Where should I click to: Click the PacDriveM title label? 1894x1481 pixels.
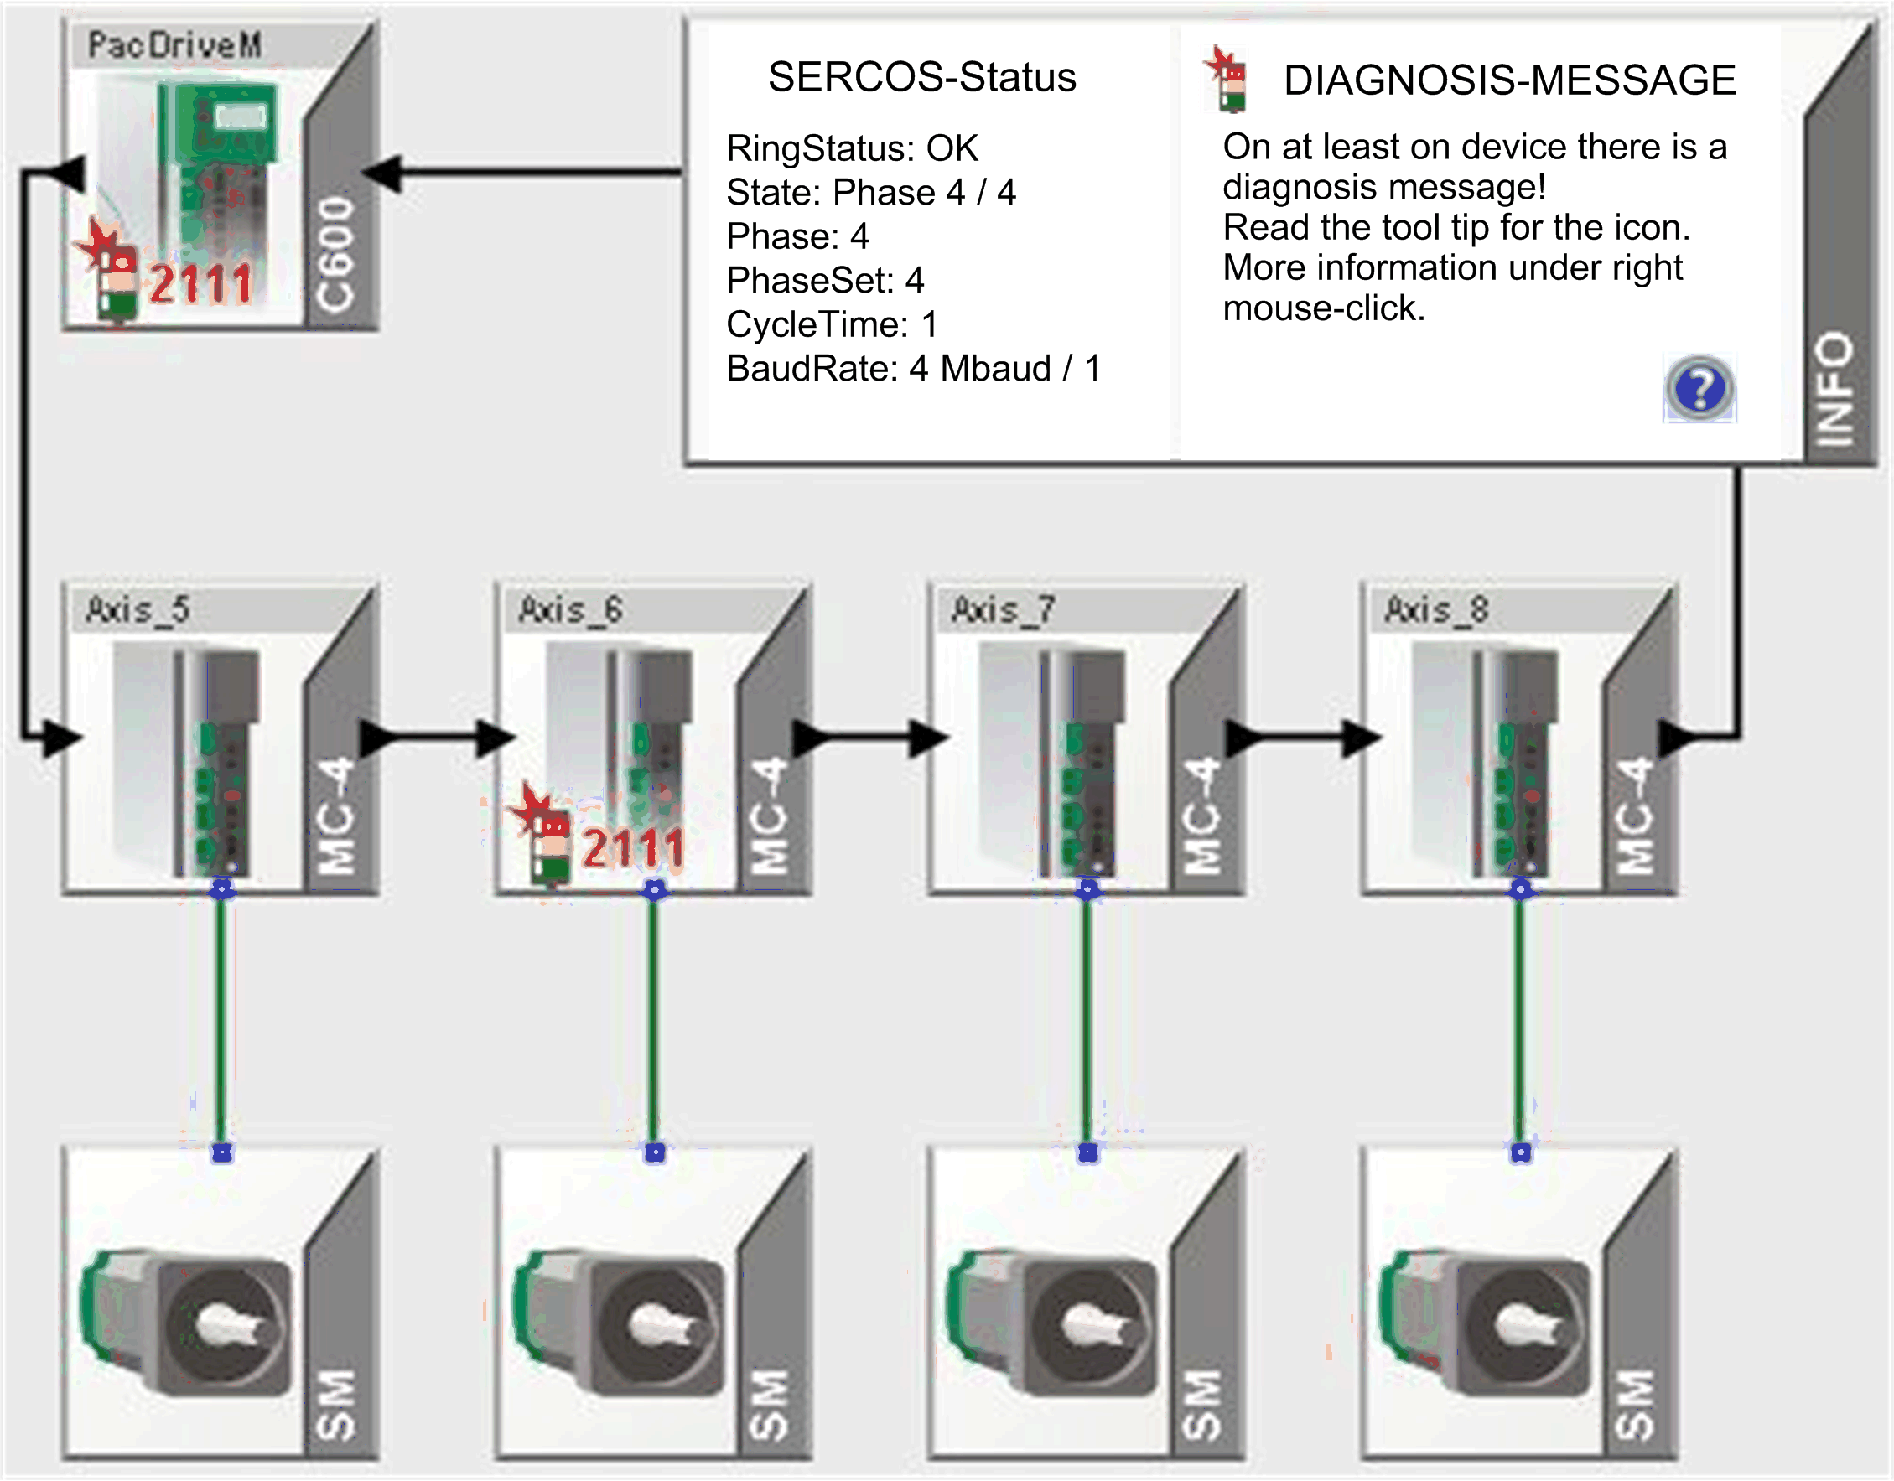pos(174,45)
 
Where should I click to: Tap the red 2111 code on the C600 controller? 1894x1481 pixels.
pos(201,283)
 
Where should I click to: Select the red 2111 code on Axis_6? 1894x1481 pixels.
pos(634,847)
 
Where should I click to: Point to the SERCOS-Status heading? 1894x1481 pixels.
pos(922,77)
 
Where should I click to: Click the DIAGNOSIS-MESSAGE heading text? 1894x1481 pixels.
pos(1509,80)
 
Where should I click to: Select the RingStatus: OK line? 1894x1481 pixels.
pos(853,148)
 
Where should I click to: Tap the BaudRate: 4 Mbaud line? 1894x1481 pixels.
pos(913,369)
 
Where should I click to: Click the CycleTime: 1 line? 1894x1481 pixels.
pos(832,324)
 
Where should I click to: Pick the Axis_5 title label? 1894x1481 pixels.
pos(138,609)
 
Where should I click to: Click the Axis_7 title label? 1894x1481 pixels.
pos(1004,609)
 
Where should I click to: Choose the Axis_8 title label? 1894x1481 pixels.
pos(1436,609)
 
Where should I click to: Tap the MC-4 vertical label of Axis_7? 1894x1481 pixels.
pos(1203,815)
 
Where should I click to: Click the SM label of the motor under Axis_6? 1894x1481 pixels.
pos(769,1405)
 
